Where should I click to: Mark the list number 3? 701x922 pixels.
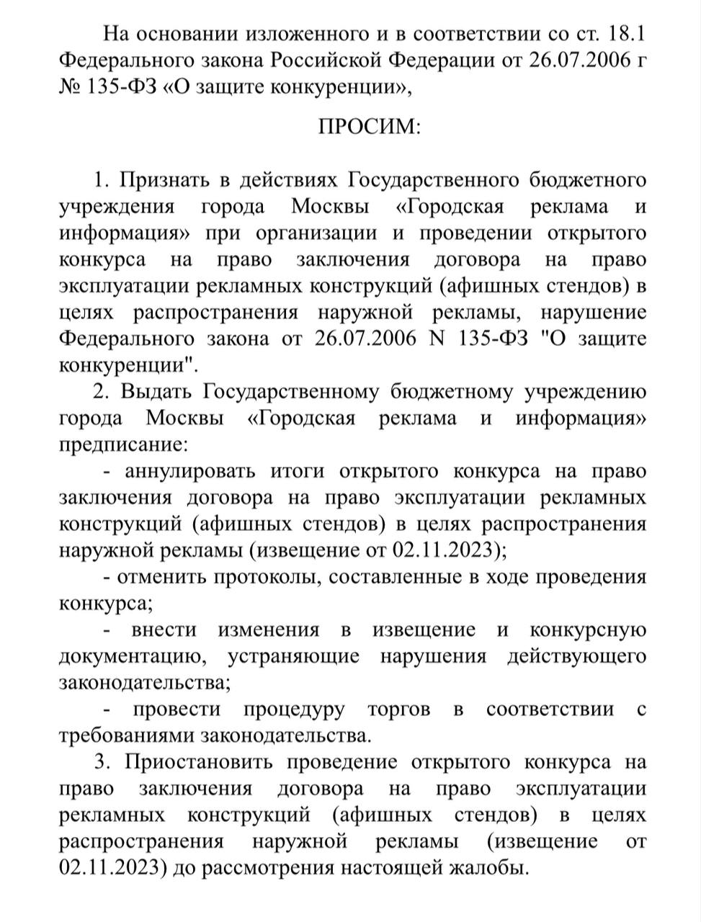[x=100, y=762]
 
